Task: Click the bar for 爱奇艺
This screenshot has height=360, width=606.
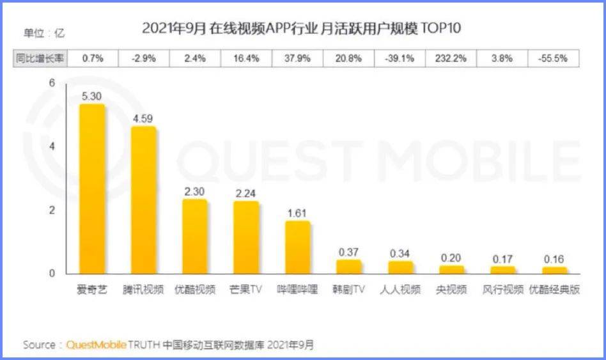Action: pos(92,189)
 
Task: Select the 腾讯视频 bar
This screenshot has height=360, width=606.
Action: pos(144,200)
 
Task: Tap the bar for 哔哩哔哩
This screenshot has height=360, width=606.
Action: pos(298,247)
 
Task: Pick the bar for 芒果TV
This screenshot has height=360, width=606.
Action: pos(246,237)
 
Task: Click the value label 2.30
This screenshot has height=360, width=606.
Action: pos(194,191)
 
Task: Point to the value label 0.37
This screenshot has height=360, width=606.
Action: pos(349,251)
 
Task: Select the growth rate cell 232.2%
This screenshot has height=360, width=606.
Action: pos(451,58)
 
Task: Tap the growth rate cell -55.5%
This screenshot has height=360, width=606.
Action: pos(554,58)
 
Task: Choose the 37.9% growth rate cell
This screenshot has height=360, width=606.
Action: pos(298,58)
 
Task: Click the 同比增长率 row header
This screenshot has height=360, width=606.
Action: pos(40,58)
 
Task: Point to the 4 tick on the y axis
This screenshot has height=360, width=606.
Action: pos(52,146)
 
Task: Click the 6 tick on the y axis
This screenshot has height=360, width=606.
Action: pos(52,83)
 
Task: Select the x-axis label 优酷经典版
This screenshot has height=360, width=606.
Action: pos(554,290)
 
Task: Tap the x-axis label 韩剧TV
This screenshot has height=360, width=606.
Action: pos(349,290)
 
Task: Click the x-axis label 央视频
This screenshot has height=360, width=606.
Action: pos(451,290)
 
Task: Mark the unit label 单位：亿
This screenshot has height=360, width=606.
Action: pos(44,33)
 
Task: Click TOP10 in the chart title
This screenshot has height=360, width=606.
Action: pos(439,28)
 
